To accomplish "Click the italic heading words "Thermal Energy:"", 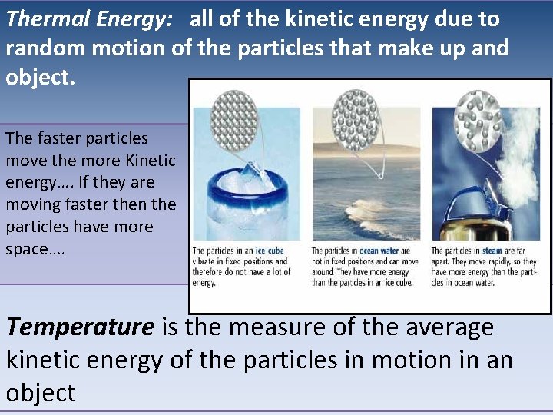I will (x=89, y=19).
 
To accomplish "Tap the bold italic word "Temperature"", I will (x=80, y=327).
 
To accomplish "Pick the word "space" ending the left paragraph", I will (x=30, y=250).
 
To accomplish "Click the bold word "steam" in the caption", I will (x=492, y=251).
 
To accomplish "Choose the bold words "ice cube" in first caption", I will (x=269, y=251).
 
